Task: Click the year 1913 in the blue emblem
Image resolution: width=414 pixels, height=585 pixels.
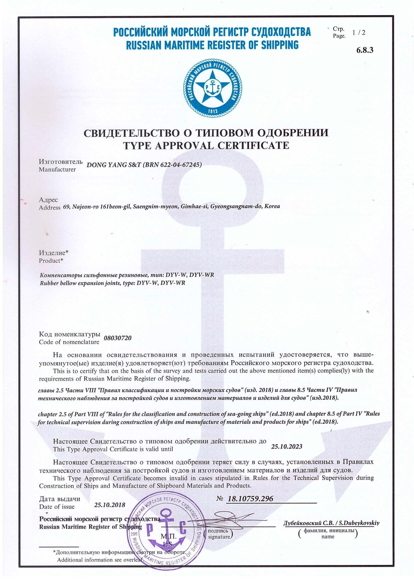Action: click(212, 111)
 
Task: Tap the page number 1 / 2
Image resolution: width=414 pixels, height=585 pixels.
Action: click(359, 32)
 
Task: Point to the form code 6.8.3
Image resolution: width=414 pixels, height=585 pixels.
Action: click(365, 50)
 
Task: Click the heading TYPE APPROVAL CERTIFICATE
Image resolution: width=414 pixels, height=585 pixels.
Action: click(206, 146)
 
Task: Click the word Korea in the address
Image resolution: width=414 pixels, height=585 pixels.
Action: click(272, 206)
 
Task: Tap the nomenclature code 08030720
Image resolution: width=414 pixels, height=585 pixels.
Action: click(118, 338)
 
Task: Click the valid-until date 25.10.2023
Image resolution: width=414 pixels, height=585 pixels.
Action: click(287, 446)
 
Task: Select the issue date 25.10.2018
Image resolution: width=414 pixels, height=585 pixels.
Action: click(109, 505)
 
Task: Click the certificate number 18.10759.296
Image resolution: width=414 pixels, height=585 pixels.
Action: click(250, 499)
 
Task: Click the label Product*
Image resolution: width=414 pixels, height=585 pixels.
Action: click(51, 261)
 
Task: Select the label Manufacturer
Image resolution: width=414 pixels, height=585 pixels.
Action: click(57, 169)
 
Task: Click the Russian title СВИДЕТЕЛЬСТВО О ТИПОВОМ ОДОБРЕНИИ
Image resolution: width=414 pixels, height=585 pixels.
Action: click(206, 133)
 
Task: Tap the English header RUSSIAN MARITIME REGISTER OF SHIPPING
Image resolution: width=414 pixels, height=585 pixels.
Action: click(212, 45)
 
